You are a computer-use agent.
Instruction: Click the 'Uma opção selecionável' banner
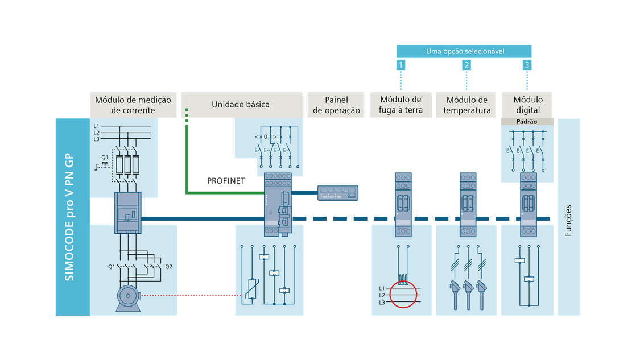click(x=465, y=51)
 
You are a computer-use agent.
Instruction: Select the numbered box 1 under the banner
click(x=401, y=65)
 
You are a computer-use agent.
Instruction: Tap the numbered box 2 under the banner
click(x=466, y=65)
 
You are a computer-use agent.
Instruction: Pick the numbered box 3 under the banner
click(x=527, y=65)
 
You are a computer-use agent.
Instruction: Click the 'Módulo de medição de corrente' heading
click(x=133, y=105)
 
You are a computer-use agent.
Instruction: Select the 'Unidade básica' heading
click(x=241, y=105)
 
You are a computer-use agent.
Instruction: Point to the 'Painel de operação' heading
click(x=336, y=105)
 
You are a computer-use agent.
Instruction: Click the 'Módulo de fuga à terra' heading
click(x=401, y=105)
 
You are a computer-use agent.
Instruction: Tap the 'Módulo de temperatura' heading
click(x=467, y=105)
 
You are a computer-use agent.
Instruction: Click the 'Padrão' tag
click(x=527, y=122)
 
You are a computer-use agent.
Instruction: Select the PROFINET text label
click(x=226, y=181)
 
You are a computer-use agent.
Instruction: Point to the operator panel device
click(x=337, y=192)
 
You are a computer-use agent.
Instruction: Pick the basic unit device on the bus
click(x=278, y=204)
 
